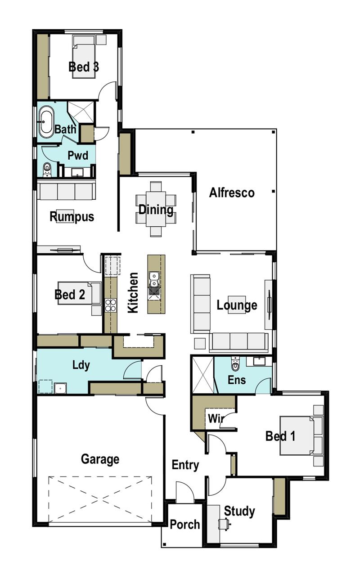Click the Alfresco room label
(x=232, y=193)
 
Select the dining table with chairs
(x=156, y=209)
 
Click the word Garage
(x=100, y=459)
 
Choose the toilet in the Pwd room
(x=47, y=169)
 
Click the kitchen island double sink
(x=154, y=279)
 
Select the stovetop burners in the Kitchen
(x=110, y=305)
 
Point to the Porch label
(x=184, y=525)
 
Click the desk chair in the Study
(x=224, y=524)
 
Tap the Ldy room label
(x=81, y=364)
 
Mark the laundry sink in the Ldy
(x=60, y=387)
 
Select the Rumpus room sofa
(x=66, y=191)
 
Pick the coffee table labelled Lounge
(x=237, y=305)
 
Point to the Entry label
(x=185, y=465)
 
